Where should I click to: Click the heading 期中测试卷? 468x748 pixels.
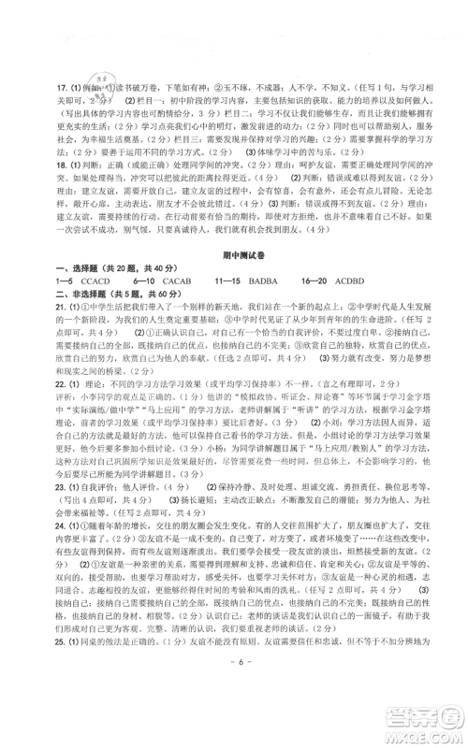(234, 265)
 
